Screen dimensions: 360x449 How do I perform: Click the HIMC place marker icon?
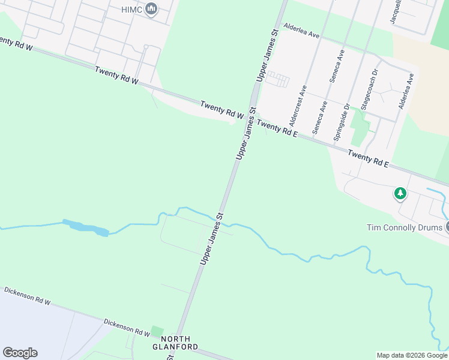151,9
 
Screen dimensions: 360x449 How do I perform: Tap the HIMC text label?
132,9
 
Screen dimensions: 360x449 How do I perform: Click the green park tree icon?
400,194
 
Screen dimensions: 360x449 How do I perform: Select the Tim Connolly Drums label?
404,227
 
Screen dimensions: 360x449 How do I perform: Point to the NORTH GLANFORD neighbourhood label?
175,343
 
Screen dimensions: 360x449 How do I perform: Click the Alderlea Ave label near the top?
302,31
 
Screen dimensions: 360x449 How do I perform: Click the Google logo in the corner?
20,353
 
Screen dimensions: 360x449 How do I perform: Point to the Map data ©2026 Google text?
412,355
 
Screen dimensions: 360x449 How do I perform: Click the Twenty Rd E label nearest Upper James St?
277,128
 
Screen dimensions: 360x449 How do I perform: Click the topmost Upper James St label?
267,56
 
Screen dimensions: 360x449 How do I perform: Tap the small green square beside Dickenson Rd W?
157,331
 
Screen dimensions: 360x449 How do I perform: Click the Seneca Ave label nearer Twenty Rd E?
320,116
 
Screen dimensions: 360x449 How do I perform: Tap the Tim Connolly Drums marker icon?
447,227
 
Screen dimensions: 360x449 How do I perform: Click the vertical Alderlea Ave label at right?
406,91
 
